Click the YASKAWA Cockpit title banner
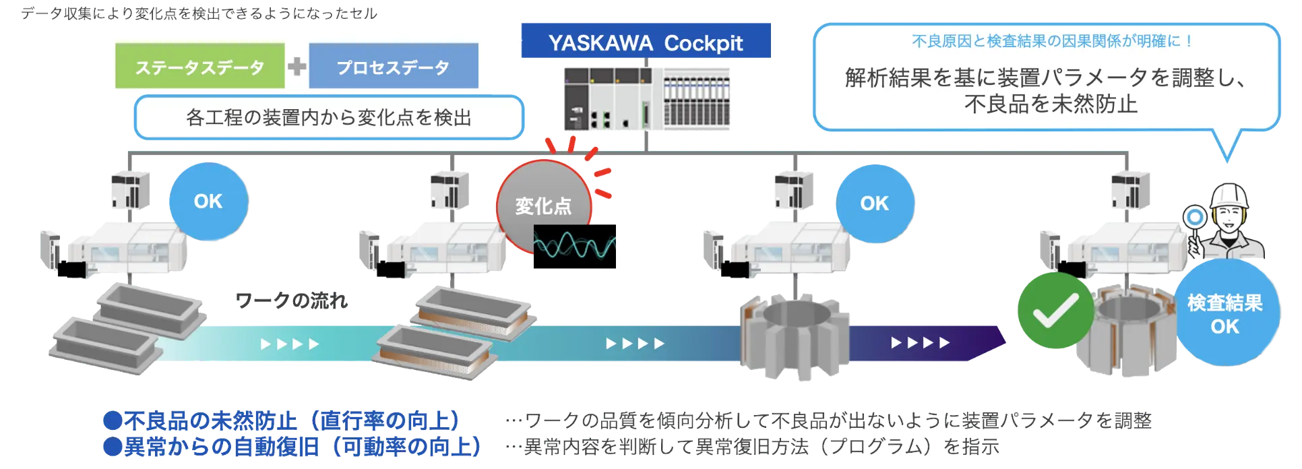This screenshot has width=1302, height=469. tap(646, 42)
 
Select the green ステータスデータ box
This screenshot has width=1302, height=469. tap(199, 67)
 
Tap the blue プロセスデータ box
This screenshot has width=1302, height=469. tap(393, 67)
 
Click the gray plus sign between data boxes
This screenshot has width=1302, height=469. tap(297, 67)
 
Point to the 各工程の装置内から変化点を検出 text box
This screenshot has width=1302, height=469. tap(328, 118)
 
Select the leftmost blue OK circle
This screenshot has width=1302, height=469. tap(208, 201)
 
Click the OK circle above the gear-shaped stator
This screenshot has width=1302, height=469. tap(874, 204)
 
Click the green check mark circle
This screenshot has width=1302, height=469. tap(1055, 311)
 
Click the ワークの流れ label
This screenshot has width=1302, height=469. tap(291, 301)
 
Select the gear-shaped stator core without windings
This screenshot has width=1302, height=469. tap(793, 330)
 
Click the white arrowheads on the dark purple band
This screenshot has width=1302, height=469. tap(920, 343)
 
